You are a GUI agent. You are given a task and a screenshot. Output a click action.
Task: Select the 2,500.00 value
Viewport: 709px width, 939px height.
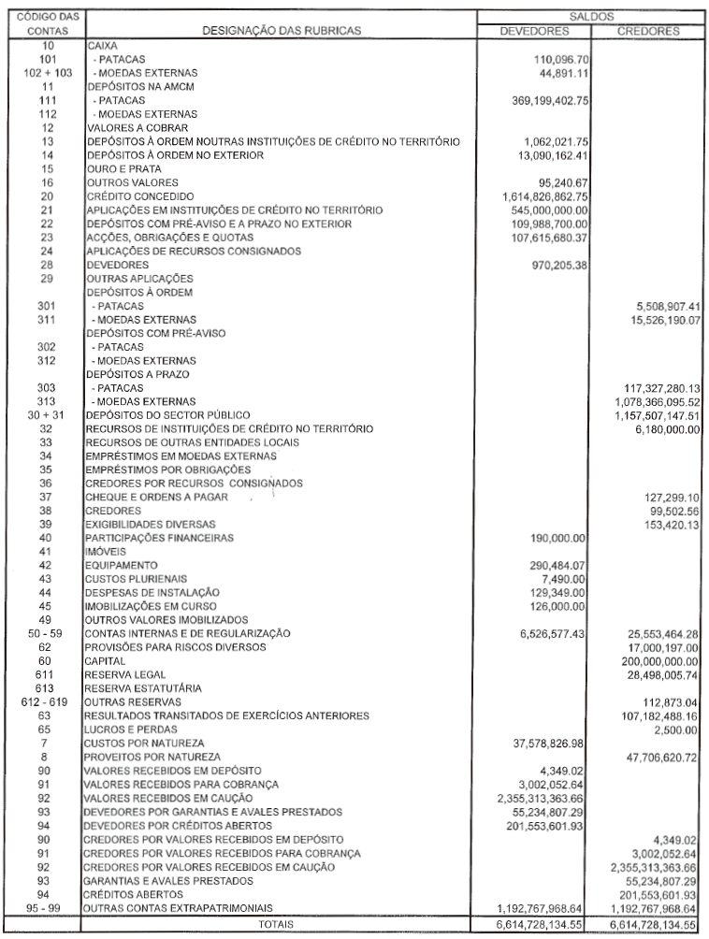pos(678,728)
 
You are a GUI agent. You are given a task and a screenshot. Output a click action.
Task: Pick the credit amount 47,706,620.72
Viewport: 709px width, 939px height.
pos(656,756)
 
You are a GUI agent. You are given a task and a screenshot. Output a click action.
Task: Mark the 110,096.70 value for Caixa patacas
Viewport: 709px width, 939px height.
pos(559,58)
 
